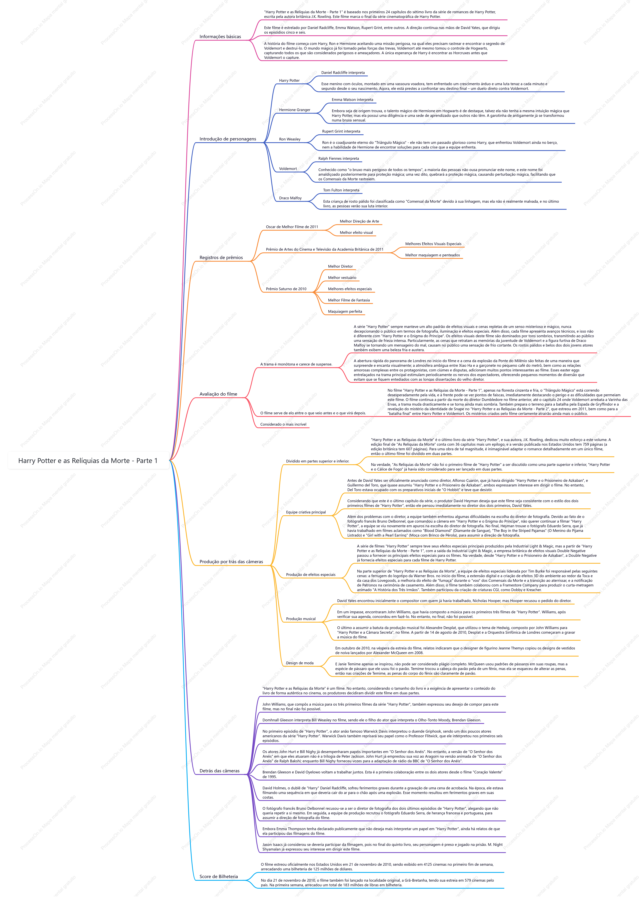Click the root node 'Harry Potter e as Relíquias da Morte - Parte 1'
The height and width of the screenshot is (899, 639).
point(88,461)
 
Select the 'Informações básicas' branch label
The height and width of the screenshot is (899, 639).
point(220,37)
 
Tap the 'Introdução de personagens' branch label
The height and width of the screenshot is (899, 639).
point(227,139)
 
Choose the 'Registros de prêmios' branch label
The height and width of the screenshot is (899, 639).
point(221,257)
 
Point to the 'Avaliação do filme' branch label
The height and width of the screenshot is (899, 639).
point(218,394)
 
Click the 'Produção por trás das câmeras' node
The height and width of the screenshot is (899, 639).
point(231,562)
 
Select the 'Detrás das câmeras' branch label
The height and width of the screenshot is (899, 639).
point(219,771)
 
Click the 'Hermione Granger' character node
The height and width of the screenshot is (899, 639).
point(294,110)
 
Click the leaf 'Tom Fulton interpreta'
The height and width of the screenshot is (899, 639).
point(341,190)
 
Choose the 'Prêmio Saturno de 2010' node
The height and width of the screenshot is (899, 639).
point(286,289)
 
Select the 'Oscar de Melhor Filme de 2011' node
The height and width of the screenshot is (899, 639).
point(292,227)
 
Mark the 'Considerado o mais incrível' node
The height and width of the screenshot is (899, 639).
point(283,424)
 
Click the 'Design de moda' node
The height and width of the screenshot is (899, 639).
point(299,663)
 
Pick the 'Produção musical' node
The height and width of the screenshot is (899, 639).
point(301,619)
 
